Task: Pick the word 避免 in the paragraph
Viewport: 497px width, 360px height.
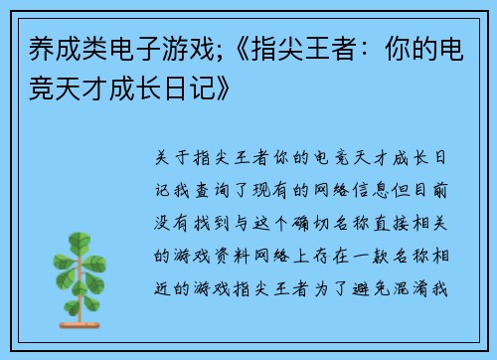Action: coord(390,289)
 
